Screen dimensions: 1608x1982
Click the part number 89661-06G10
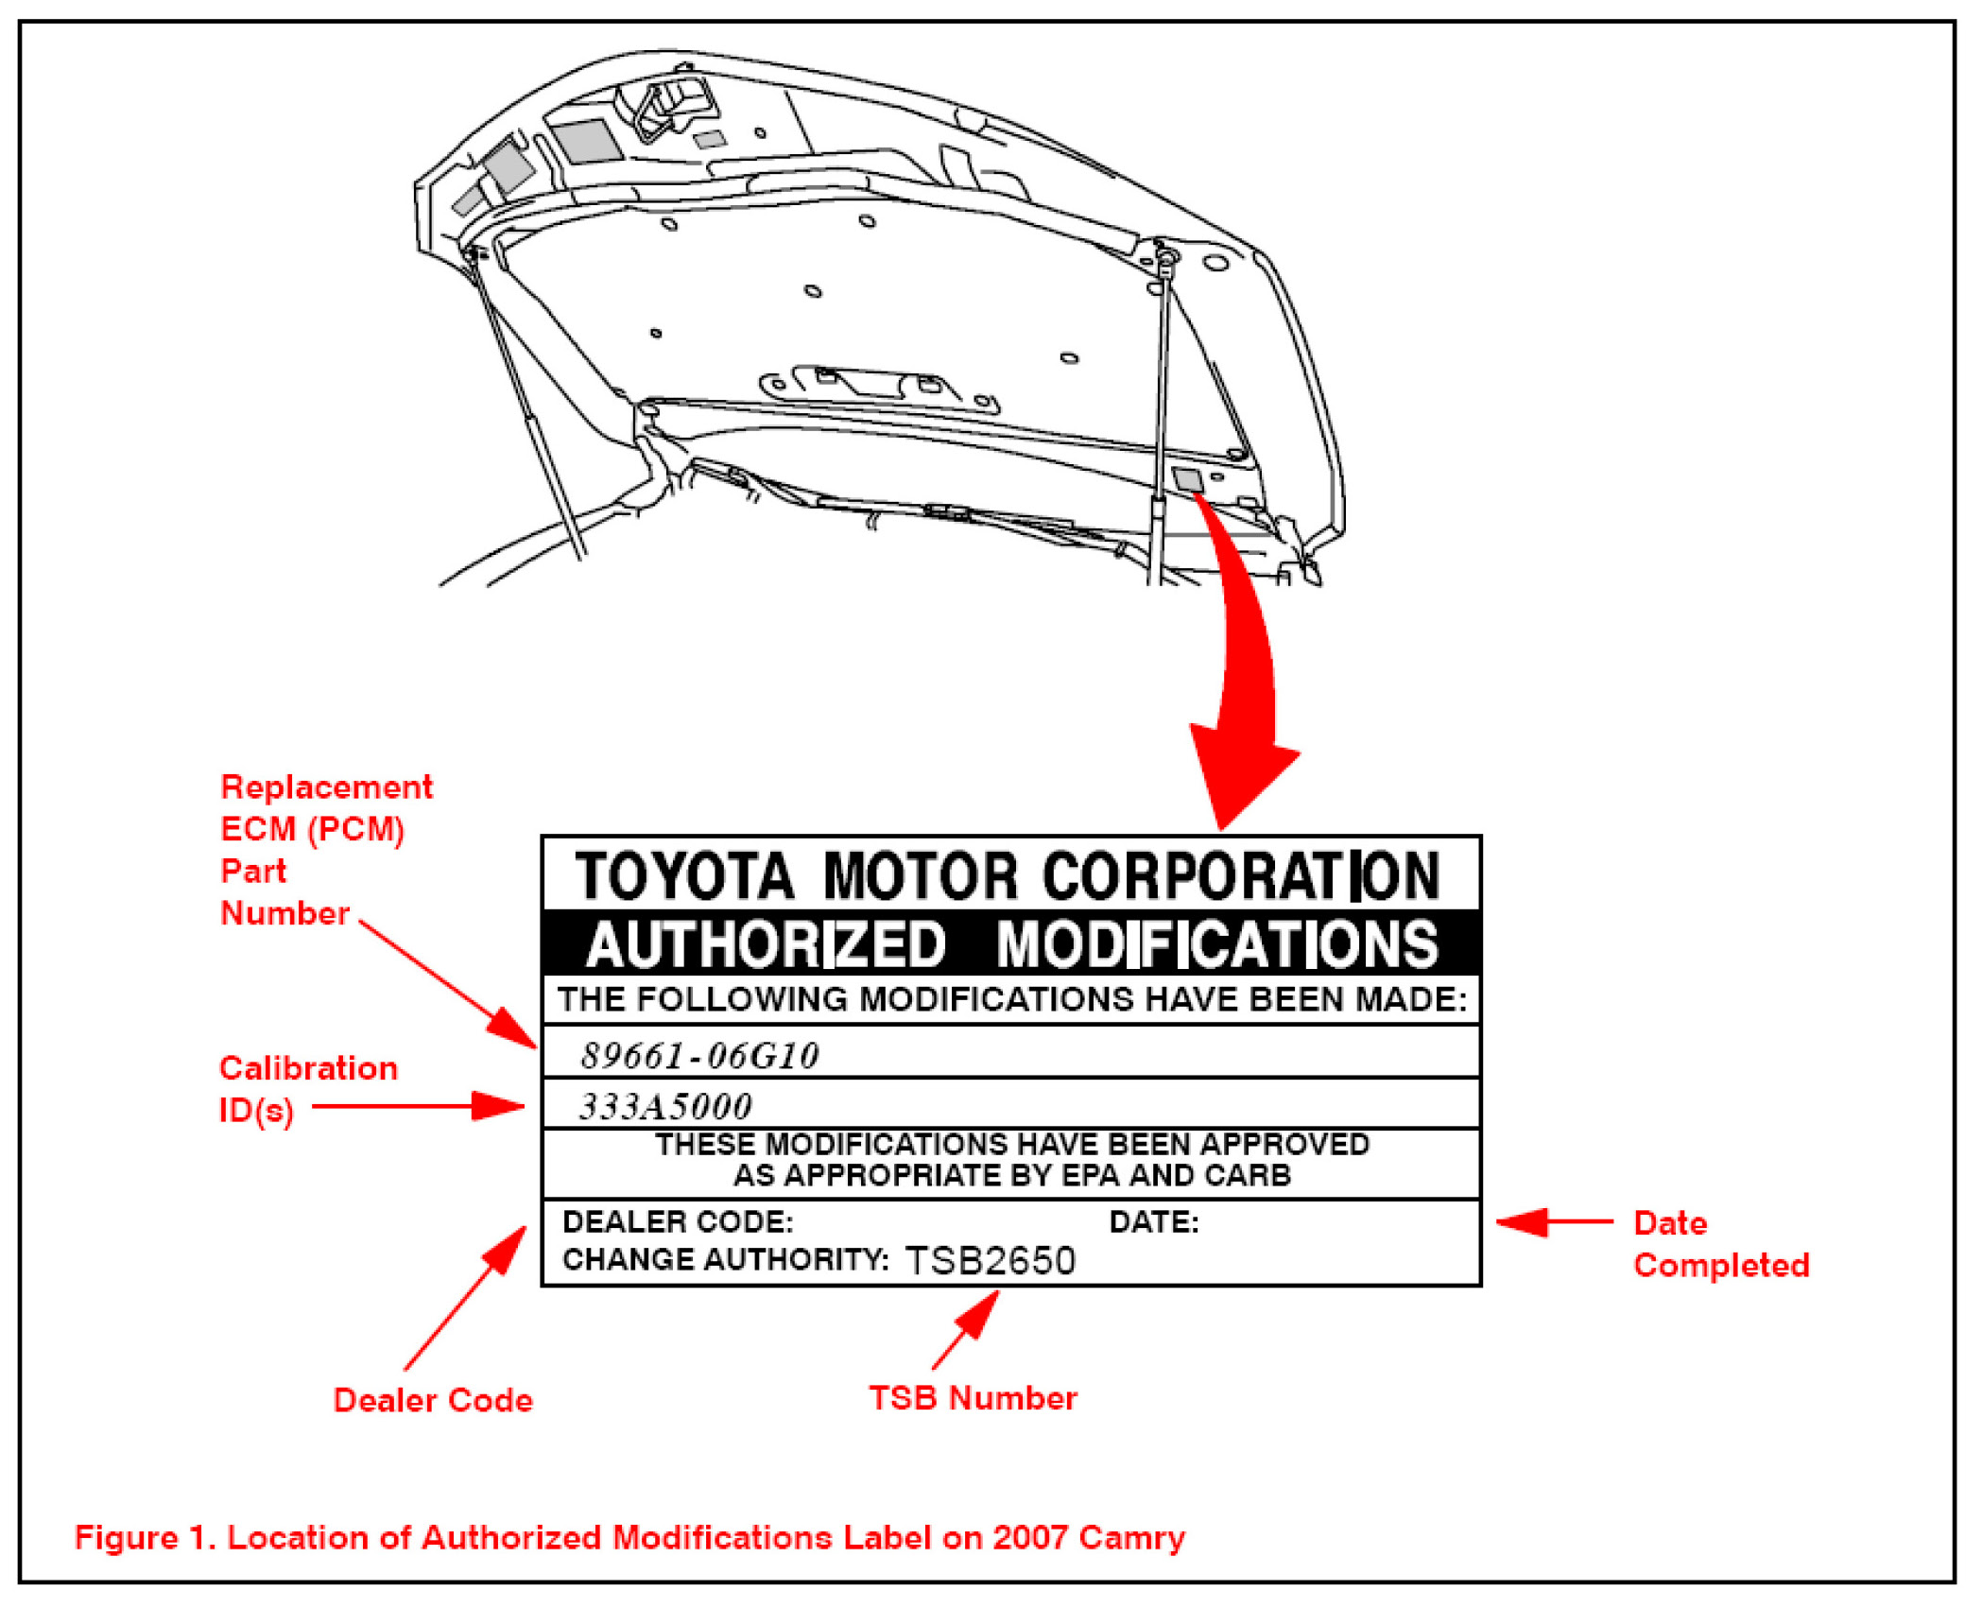tap(699, 1055)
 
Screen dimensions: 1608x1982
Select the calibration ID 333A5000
tap(665, 1106)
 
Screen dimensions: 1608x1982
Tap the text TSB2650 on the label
tap(990, 1260)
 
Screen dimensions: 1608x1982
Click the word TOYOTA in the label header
tap(684, 875)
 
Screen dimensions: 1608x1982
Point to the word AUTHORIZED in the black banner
tap(766, 944)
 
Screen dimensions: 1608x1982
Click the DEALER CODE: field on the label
tap(678, 1221)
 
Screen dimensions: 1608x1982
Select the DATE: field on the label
tap(1153, 1222)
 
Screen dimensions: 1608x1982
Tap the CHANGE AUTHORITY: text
tap(725, 1259)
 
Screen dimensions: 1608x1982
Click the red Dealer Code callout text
tap(433, 1400)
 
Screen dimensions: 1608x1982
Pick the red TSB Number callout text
tap(973, 1398)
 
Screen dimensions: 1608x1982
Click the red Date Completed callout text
tap(1720, 1244)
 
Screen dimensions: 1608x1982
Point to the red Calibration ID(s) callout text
tap(307, 1088)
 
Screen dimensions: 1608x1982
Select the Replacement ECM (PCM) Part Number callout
tap(325, 850)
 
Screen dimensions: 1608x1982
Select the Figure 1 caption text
tap(629, 1537)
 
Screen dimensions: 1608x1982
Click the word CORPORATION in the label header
tap(1241, 875)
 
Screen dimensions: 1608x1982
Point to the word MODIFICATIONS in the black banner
tap(1217, 944)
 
